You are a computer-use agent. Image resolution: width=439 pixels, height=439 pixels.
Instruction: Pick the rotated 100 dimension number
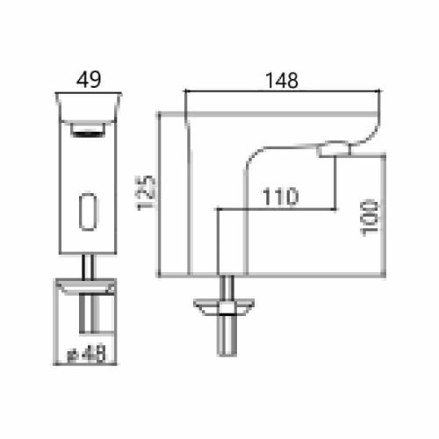click(x=371, y=215)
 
